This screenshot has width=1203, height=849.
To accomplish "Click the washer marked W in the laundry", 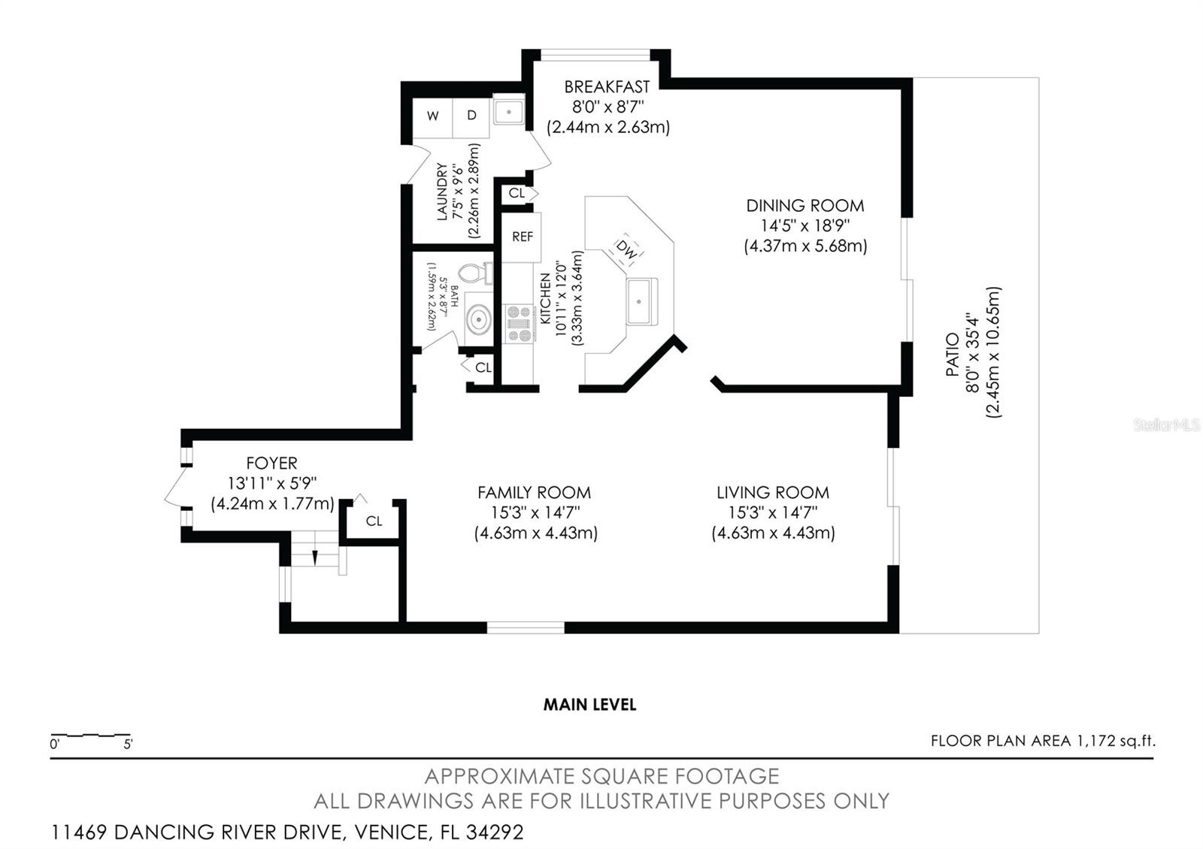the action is pos(432,118).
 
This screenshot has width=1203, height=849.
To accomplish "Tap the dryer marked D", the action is pos(471,118).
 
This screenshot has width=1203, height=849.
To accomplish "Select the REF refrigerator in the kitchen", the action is pos(522,237).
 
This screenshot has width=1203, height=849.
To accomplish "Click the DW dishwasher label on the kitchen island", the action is pos(626,249).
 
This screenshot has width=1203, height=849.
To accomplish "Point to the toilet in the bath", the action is pos(475,273).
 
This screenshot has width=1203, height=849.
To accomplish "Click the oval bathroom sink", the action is pos(478,320).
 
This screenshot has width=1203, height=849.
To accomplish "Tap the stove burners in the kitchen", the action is pos(519,324).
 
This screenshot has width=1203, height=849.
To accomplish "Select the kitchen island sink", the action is pos(642,301).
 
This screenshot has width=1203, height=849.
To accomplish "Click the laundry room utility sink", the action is pos(508,112).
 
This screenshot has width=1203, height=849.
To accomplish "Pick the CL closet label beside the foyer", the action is pos(374,521).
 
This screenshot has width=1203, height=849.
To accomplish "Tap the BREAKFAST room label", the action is pos(607,87).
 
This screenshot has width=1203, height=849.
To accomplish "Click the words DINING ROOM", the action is pos(805,206).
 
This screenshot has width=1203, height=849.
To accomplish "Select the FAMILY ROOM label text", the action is pos(535,492).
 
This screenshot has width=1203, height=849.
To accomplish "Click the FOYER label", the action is pos(271,463).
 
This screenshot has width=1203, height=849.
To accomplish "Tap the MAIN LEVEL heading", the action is pos(589,705).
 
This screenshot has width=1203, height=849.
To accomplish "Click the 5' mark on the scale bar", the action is pos(128,745).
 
